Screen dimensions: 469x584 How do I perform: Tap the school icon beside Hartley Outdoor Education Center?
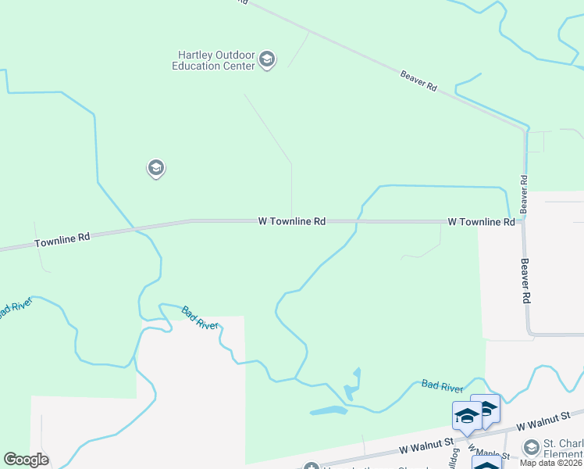(267, 60)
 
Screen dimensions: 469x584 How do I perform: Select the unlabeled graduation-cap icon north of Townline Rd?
(155, 168)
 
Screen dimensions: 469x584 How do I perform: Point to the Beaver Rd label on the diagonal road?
(418, 81)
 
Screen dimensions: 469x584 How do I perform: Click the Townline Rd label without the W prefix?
(62, 240)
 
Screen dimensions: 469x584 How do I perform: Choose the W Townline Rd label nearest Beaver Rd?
(481, 222)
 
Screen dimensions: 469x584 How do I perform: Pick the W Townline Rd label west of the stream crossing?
(291, 222)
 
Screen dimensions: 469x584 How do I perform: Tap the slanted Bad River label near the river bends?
(199, 317)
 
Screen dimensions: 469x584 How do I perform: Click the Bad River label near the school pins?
(442, 385)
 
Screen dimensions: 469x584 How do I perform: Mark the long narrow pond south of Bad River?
(329, 410)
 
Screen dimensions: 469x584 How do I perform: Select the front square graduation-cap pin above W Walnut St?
(467, 415)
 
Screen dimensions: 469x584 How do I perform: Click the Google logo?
(26, 460)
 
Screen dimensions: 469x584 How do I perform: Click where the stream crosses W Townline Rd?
(358, 222)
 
